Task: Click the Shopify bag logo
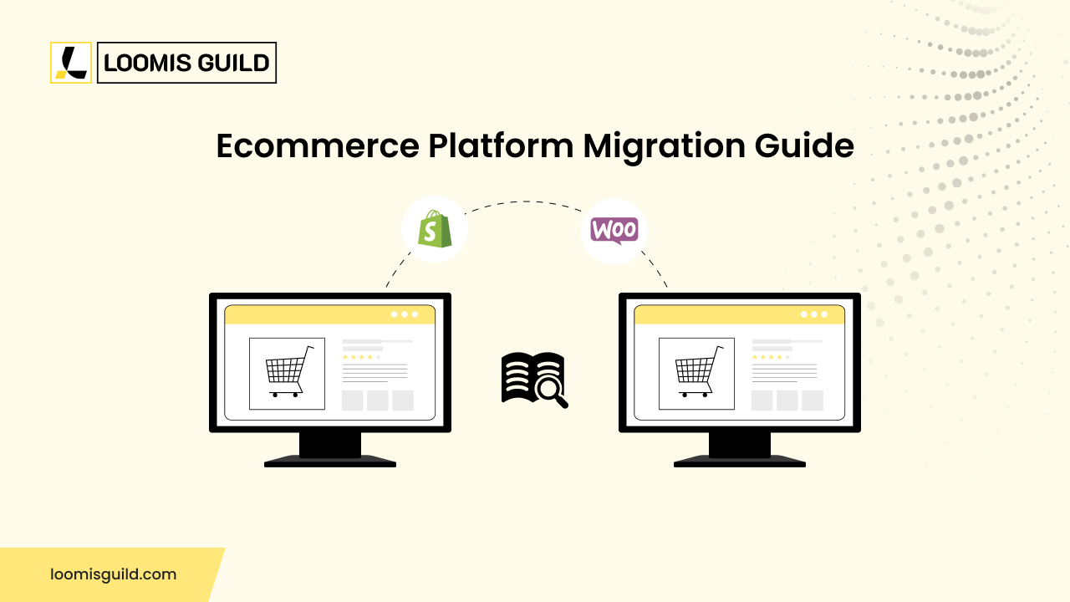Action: coord(434,229)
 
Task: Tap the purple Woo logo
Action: coord(614,230)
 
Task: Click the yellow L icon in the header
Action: coord(71,63)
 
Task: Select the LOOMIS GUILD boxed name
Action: coord(186,63)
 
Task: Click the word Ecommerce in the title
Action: coord(317,146)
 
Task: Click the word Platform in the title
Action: coord(501,146)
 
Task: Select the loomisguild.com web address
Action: coord(113,574)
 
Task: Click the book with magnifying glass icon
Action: coord(534,379)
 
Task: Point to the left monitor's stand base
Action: coord(330,461)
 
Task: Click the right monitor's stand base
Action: coord(740,461)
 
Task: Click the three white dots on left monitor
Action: coord(405,314)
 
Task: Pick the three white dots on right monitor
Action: coord(814,314)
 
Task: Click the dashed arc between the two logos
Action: coord(525,202)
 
